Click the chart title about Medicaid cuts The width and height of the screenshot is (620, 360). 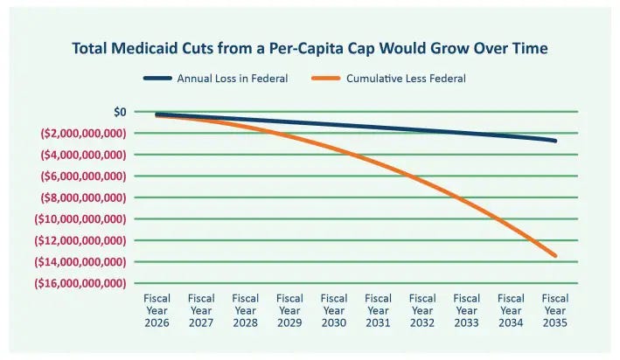310,48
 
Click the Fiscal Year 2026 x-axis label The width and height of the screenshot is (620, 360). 157,311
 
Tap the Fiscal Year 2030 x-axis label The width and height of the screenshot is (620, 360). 334,311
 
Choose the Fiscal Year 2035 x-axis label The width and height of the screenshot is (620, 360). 555,311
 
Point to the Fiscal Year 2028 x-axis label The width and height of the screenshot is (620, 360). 246,311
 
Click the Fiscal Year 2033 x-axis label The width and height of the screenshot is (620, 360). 467,311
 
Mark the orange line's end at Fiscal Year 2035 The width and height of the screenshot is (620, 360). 554,255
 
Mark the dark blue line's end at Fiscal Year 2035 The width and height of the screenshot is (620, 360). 554,140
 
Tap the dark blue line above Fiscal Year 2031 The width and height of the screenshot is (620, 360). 378,128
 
